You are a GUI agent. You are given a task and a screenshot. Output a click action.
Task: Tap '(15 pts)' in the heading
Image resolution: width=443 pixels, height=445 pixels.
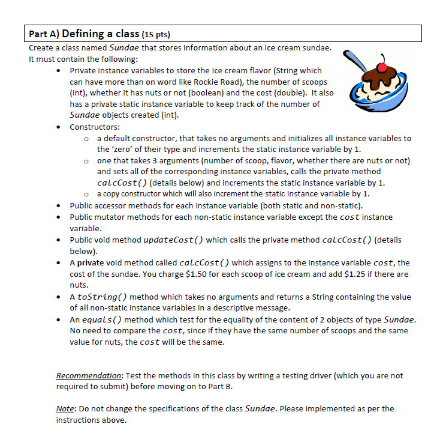click(158, 34)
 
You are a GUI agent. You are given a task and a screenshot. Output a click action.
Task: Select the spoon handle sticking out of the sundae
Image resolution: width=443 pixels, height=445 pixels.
click(351, 62)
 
